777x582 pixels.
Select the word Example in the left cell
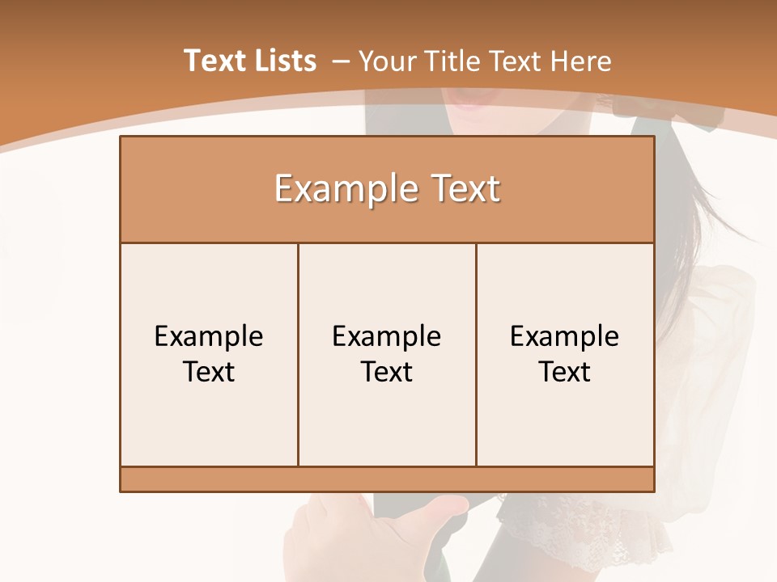(209, 336)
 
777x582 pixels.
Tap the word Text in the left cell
(209, 372)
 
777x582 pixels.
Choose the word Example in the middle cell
(387, 336)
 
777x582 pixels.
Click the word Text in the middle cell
(387, 372)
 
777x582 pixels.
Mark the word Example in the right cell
(565, 336)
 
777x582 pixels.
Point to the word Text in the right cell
(565, 372)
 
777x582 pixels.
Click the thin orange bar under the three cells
(387, 479)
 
